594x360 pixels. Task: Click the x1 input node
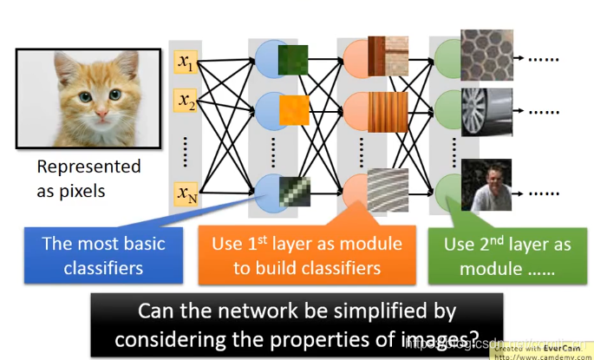186,62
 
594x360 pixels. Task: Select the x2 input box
186,101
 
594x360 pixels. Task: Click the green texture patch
292,60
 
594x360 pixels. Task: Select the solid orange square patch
293,108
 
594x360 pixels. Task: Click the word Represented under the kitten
88,167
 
